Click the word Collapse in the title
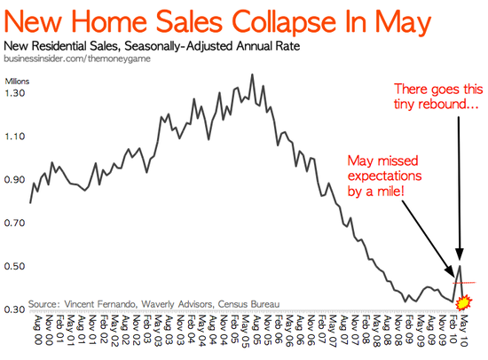click(284, 23)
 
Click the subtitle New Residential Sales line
click(152, 46)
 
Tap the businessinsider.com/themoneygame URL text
click(77, 59)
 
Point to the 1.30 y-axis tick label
click(14, 93)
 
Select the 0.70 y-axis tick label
click(14, 223)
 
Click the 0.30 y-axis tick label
click(14, 309)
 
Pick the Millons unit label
click(17, 82)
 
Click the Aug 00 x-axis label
click(37, 330)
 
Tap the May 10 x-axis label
click(463, 330)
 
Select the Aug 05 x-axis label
click(256, 330)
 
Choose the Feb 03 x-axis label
click(146, 330)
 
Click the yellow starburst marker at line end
click(464, 302)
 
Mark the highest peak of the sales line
click(252, 74)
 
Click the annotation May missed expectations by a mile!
click(384, 176)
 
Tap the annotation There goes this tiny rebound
click(438, 97)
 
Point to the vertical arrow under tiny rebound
click(459, 188)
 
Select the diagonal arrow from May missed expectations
click(428, 238)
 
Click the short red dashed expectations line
click(464, 283)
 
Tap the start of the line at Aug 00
click(30, 203)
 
